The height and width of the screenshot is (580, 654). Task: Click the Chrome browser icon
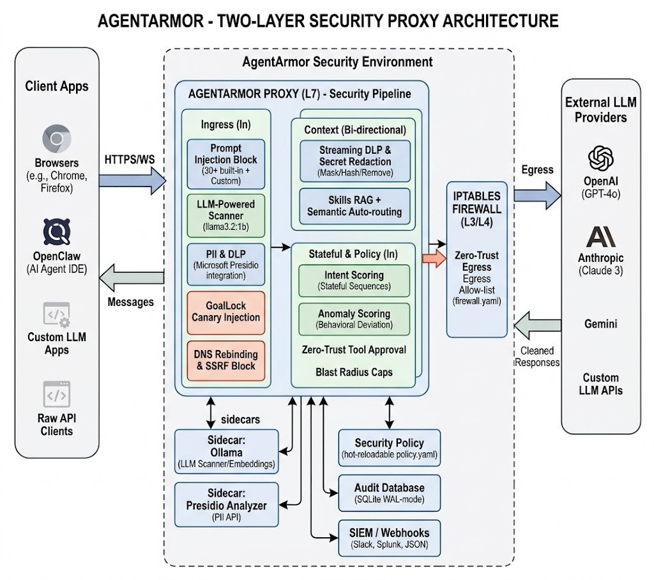(x=57, y=139)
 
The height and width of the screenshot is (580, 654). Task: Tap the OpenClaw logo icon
(x=57, y=232)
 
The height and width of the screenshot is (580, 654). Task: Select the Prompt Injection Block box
(x=225, y=164)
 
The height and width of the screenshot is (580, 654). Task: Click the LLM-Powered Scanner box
(x=225, y=216)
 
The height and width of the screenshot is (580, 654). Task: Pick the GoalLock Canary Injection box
(x=225, y=312)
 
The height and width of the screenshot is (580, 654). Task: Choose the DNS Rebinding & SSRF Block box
(x=225, y=360)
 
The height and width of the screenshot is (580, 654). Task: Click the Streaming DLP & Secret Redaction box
(x=355, y=161)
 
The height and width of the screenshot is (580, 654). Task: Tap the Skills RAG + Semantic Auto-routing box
(x=355, y=206)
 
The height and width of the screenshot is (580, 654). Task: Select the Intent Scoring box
(x=354, y=280)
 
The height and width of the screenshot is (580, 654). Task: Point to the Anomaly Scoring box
(x=354, y=319)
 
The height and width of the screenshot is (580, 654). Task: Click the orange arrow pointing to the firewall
(x=434, y=258)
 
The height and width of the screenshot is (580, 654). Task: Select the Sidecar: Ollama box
(x=227, y=452)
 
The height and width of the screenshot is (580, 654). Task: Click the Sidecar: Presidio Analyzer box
(x=227, y=505)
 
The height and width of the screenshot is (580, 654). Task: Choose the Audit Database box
(x=389, y=492)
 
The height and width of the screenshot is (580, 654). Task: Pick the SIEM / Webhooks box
(x=389, y=538)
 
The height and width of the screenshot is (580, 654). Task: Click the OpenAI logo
(x=600, y=158)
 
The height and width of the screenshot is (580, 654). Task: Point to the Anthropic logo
(x=600, y=236)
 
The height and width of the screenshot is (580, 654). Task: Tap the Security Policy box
(x=389, y=448)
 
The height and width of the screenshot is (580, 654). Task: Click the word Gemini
(x=600, y=324)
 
